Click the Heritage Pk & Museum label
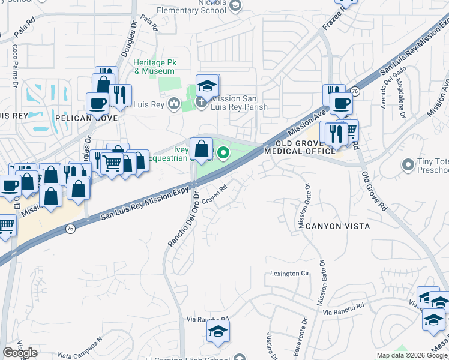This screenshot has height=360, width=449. (x=154, y=67)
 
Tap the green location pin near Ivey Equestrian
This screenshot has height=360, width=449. (x=224, y=154)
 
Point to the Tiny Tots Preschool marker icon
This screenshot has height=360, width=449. (x=409, y=164)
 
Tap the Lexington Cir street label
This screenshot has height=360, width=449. (x=288, y=274)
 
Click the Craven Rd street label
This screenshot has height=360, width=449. (x=214, y=193)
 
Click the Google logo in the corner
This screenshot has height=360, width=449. (x=20, y=353)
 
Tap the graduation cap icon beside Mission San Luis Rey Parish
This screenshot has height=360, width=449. (x=208, y=86)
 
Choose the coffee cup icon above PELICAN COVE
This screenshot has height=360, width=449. (x=97, y=103)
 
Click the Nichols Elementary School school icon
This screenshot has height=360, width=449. (x=236, y=5)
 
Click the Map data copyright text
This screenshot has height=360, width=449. (x=412, y=355)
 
